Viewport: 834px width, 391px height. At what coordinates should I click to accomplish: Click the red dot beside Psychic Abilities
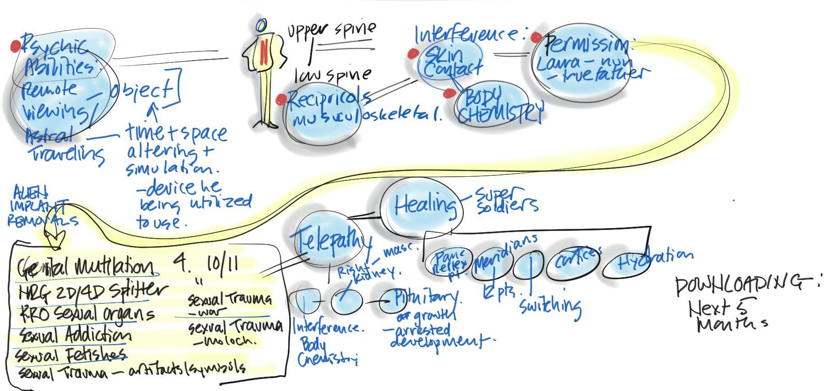coord(16,46)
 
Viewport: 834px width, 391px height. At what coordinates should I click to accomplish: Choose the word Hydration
coord(654,260)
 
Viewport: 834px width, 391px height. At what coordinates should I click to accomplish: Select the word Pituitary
coord(427,298)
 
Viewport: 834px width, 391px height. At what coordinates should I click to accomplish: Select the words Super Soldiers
coord(506,199)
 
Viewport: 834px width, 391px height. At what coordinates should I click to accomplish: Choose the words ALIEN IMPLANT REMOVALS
coord(41,209)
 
